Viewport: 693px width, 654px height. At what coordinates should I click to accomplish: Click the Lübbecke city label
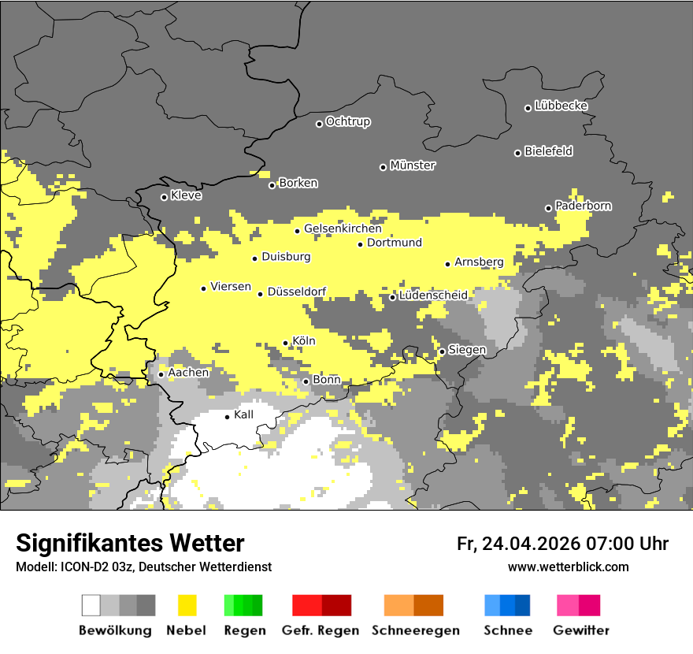click(x=561, y=106)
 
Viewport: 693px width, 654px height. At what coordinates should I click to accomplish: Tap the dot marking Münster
click(x=383, y=167)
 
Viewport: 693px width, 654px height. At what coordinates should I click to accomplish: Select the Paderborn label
click(x=583, y=206)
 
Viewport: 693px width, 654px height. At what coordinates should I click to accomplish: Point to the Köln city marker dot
click(x=285, y=343)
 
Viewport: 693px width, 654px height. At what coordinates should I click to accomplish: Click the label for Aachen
click(x=188, y=372)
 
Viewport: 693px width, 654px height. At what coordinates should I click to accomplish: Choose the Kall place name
click(x=243, y=414)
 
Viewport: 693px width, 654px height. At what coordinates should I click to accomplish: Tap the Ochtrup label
click(x=347, y=121)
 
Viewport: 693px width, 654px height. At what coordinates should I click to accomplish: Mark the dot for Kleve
click(x=164, y=197)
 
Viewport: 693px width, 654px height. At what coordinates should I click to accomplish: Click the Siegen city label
click(x=467, y=349)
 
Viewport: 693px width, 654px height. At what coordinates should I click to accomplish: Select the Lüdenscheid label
click(x=433, y=295)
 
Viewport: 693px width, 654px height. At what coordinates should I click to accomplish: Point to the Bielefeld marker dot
click(x=517, y=153)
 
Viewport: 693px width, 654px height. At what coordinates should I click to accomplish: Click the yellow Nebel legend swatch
click(x=187, y=605)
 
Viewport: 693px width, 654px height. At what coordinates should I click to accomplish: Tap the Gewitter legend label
click(x=580, y=630)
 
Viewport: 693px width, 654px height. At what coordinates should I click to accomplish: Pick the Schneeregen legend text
click(x=415, y=630)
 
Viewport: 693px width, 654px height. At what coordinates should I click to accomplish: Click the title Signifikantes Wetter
click(x=130, y=543)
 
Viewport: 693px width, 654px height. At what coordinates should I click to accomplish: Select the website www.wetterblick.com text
click(x=568, y=567)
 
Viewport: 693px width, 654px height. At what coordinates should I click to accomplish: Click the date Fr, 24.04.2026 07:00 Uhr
click(x=562, y=544)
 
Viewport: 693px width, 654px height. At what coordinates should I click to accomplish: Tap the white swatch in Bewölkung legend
click(x=91, y=605)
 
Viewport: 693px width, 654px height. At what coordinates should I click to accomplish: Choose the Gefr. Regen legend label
click(x=320, y=630)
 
